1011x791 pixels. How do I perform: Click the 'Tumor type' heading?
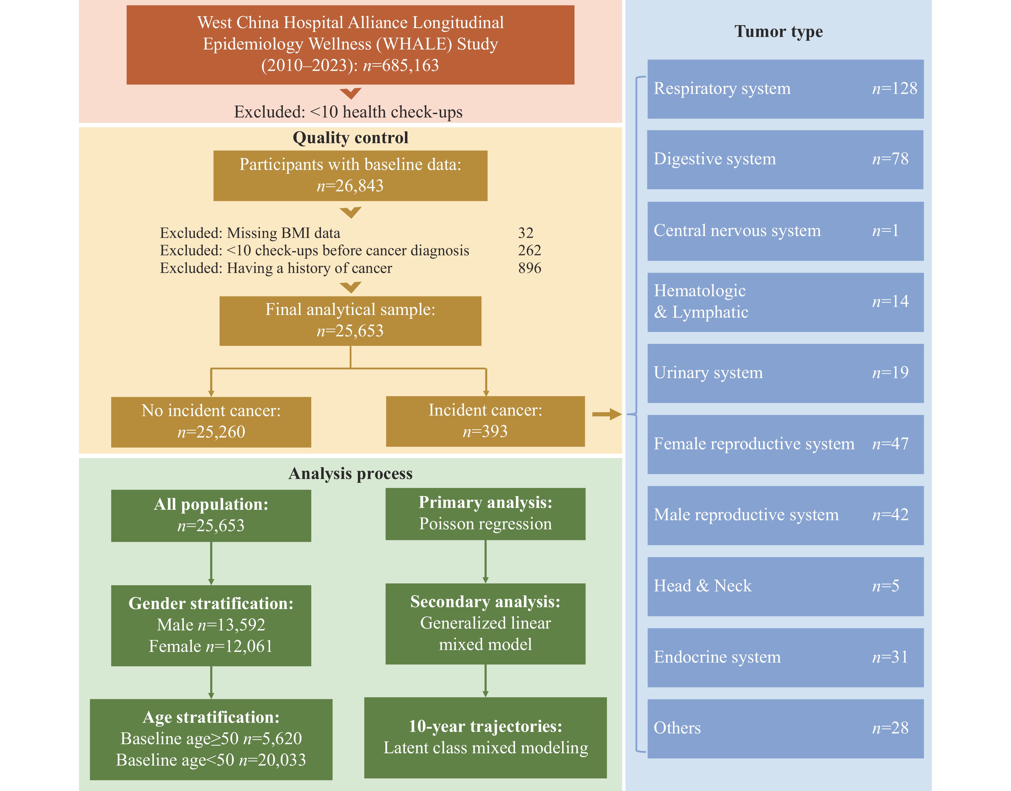coord(779,32)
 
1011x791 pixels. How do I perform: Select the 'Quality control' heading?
coord(350,138)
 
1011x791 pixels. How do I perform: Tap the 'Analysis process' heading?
coord(350,473)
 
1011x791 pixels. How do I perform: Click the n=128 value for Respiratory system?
coord(894,89)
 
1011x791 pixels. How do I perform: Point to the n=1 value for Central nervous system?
coord(886,231)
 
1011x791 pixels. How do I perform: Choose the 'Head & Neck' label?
coord(703,586)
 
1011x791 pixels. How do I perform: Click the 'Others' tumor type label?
coord(677,728)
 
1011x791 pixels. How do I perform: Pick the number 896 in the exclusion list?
coord(530,268)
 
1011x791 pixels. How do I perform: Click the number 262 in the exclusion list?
coord(530,250)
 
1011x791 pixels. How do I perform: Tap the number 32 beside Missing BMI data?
coord(526,233)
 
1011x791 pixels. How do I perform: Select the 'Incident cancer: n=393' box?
coord(486,421)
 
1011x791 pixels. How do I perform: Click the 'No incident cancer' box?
coord(211,422)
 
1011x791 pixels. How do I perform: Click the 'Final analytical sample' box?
coord(350,321)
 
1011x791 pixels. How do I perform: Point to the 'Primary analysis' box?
coord(486,514)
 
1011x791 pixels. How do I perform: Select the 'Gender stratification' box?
coord(211,626)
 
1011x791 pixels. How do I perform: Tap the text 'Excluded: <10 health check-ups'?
coord(348,112)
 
